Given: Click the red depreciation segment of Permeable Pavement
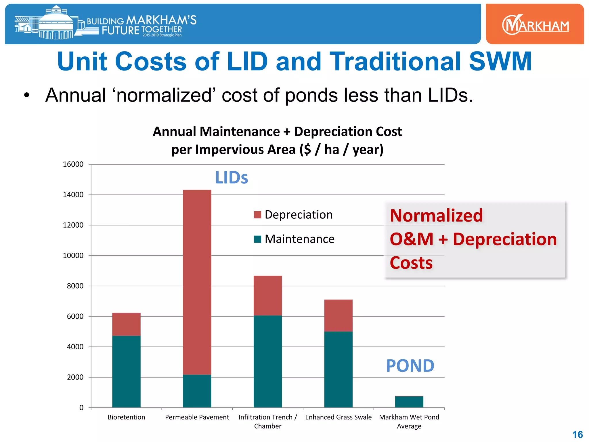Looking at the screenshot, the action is tap(197, 282).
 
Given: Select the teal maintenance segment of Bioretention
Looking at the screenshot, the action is tap(126, 371).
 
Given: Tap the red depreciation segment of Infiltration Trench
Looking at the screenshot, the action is tap(267, 296).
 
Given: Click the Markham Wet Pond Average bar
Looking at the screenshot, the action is tap(409, 402).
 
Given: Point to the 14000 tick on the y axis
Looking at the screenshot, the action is tap(73, 195).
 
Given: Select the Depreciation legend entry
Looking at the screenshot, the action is tap(293, 215).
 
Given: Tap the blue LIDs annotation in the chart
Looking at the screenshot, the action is tap(232, 178).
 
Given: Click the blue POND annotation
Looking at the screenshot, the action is tap(410, 366).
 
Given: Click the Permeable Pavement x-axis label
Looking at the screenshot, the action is tap(197, 417).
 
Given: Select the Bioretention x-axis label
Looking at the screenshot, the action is tap(126, 417).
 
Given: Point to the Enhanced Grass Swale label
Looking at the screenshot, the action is tap(338, 417).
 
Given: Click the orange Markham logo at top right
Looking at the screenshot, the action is tap(535, 24).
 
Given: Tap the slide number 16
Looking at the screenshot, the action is tap(577, 435).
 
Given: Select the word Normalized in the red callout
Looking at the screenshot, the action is tap(436, 216).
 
